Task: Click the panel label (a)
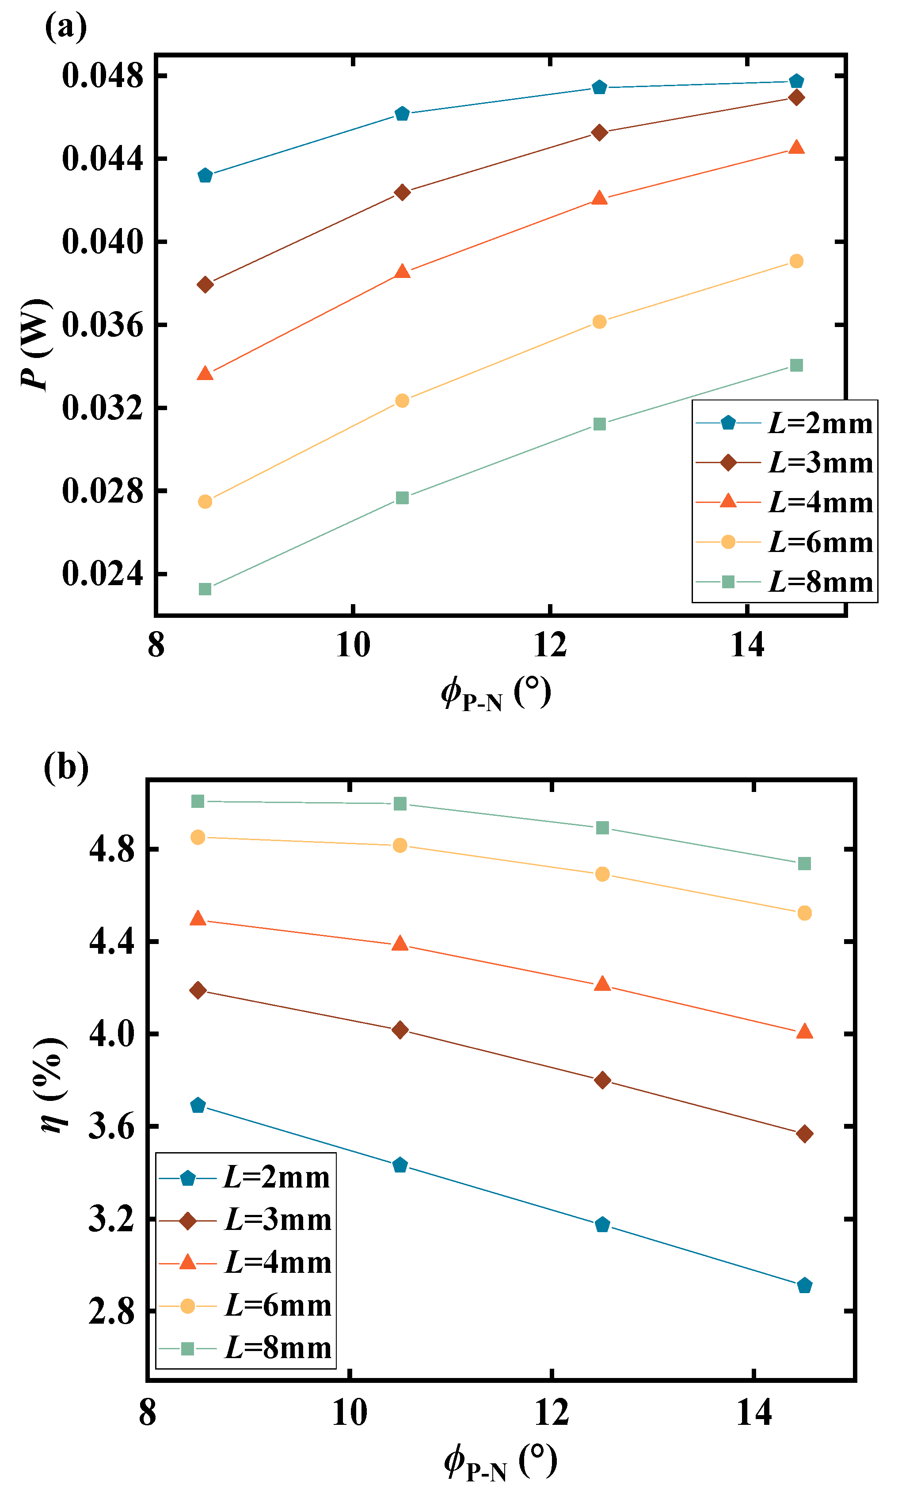click(65, 27)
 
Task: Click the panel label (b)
click(66, 767)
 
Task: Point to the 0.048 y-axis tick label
click(103, 76)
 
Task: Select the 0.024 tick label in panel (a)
click(103, 573)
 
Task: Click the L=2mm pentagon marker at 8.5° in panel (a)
click(205, 176)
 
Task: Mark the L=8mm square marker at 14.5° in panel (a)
click(796, 365)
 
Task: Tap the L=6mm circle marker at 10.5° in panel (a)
click(402, 401)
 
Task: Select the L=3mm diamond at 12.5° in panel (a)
click(599, 133)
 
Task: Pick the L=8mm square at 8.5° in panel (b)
click(198, 801)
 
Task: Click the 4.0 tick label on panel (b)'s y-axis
click(111, 1034)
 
